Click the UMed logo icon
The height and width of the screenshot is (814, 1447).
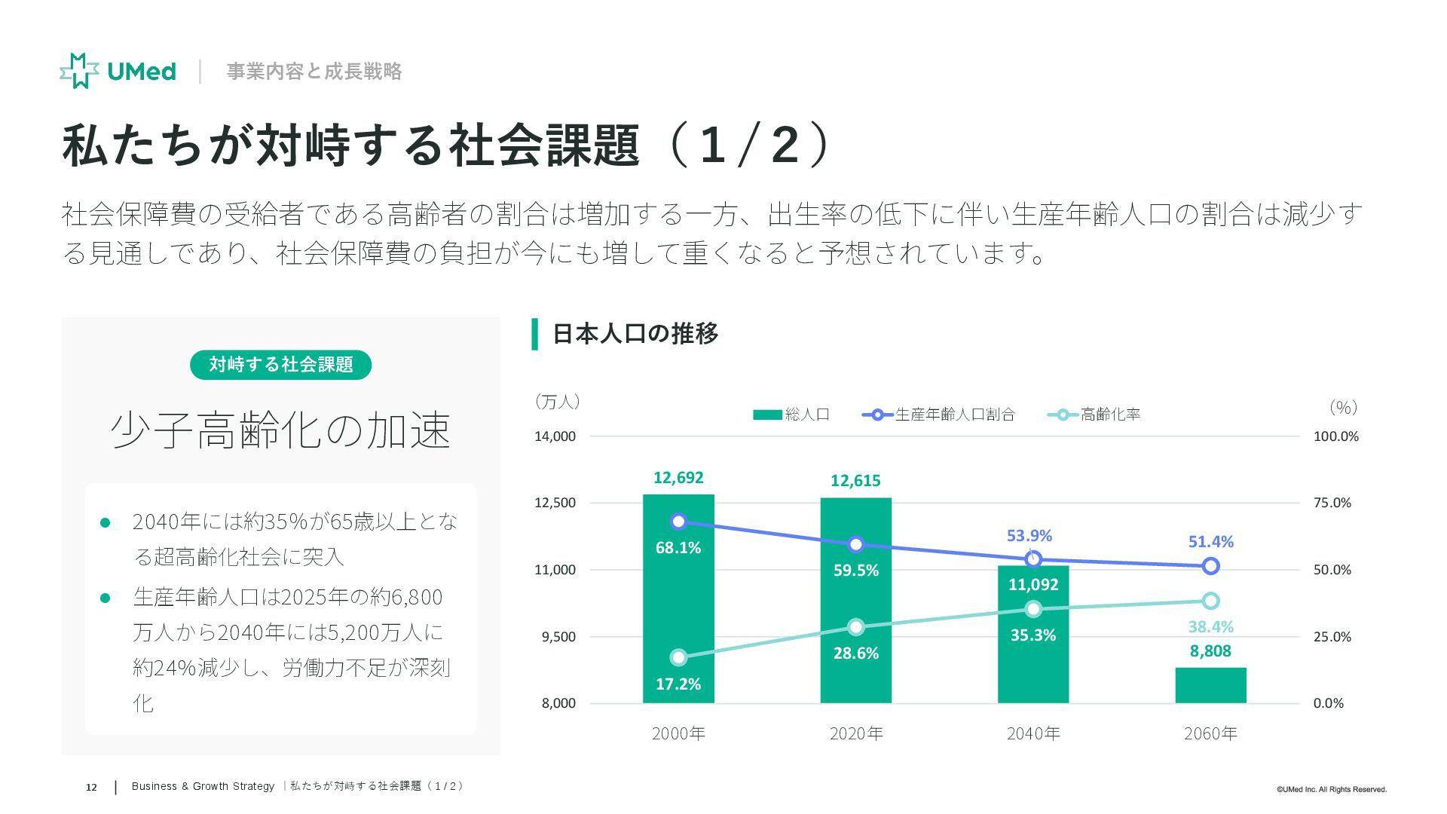(79, 71)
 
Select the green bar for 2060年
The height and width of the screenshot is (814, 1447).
(1210, 685)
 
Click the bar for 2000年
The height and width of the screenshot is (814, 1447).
(678, 603)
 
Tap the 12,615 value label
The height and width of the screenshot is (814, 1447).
(855, 481)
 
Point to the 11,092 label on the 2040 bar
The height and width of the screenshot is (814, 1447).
(1033, 585)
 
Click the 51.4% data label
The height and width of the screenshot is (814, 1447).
(1210, 542)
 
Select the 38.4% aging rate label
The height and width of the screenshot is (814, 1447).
(1210, 627)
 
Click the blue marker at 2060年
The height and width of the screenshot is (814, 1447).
(1210, 566)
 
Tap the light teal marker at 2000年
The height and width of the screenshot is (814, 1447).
(678, 658)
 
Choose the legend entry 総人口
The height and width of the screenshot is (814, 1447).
(791, 415)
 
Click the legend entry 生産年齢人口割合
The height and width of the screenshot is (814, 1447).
(939, 415)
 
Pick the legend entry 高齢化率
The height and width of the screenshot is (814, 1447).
(1094, 415)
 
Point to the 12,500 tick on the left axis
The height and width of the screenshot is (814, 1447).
(555, 503)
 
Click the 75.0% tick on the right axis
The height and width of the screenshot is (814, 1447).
(1332, 503)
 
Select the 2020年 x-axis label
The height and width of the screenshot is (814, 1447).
(855, 733)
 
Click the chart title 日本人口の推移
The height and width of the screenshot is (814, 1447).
(635, 333)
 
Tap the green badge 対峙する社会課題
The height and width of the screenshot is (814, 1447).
(280, 365)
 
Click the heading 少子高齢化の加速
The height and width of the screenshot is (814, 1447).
(280, 431)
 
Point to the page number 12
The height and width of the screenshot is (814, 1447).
(91, 788)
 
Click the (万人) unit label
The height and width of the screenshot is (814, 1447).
(557, 402)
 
